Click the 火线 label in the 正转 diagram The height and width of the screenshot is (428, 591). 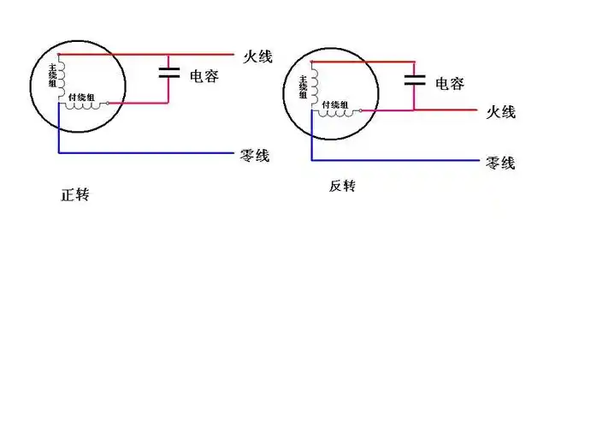click(x=257, y=56)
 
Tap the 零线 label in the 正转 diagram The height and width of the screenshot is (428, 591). click(x=254, y=156)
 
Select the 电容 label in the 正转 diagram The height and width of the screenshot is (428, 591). click(x=204, y=76)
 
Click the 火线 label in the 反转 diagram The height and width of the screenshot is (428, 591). click(x=500, y=112)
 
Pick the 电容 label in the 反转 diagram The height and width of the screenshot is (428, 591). click(x=450, y=84)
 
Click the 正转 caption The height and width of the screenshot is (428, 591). click(x=74, y=194)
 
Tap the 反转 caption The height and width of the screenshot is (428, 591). click(x=341, y=186)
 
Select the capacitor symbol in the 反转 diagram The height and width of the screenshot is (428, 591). click(x=415, y=80)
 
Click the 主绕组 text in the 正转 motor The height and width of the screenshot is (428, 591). click(x=52, y=75)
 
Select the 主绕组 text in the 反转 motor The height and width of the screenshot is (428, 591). click(x=303, y=86)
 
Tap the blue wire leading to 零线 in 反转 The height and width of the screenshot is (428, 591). click(x=393, y=160)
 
